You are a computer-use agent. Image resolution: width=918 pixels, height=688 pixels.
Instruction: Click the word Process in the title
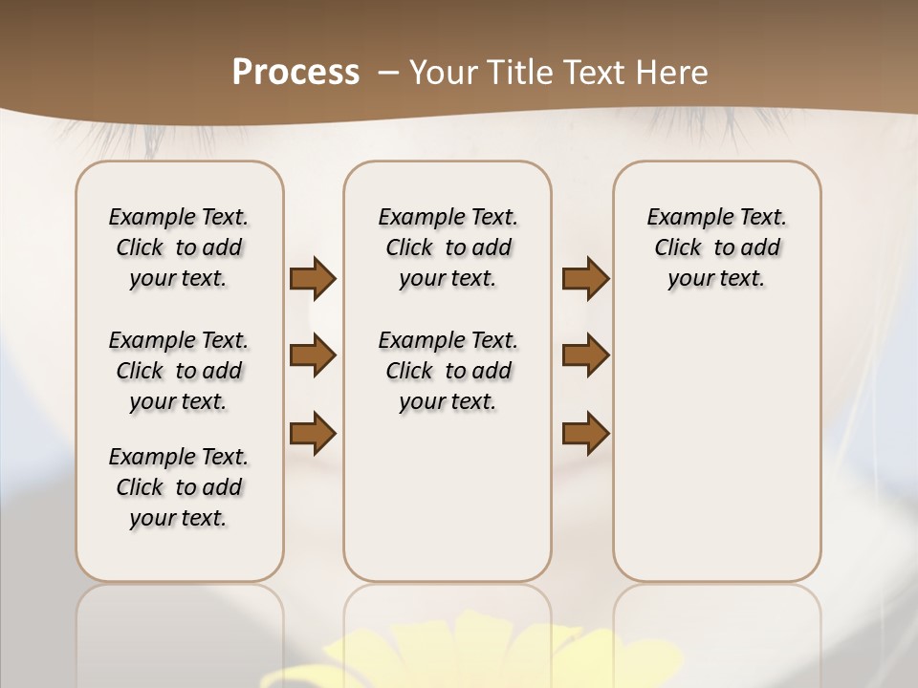pos(295,73)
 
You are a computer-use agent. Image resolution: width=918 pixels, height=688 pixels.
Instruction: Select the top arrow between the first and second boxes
pos(313,279)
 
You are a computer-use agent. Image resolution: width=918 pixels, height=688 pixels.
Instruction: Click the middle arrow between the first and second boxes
pos(313,355)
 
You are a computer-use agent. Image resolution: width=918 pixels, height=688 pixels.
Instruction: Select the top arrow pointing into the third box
pos(585,279)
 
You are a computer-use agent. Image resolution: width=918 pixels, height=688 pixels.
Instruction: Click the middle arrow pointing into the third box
pos(585,355)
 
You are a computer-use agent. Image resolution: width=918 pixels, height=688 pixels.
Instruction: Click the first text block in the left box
pos(179,247)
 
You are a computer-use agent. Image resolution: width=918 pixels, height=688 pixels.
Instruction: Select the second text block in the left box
pos(179,371)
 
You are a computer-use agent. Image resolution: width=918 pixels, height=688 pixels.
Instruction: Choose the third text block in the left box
pos(179,487)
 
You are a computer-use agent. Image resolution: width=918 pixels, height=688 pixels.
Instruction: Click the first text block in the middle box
pos(448,247)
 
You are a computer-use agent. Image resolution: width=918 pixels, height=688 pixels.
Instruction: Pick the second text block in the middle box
pos(448,371)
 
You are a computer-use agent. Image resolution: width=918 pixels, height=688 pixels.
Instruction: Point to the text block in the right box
pos(716,247)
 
